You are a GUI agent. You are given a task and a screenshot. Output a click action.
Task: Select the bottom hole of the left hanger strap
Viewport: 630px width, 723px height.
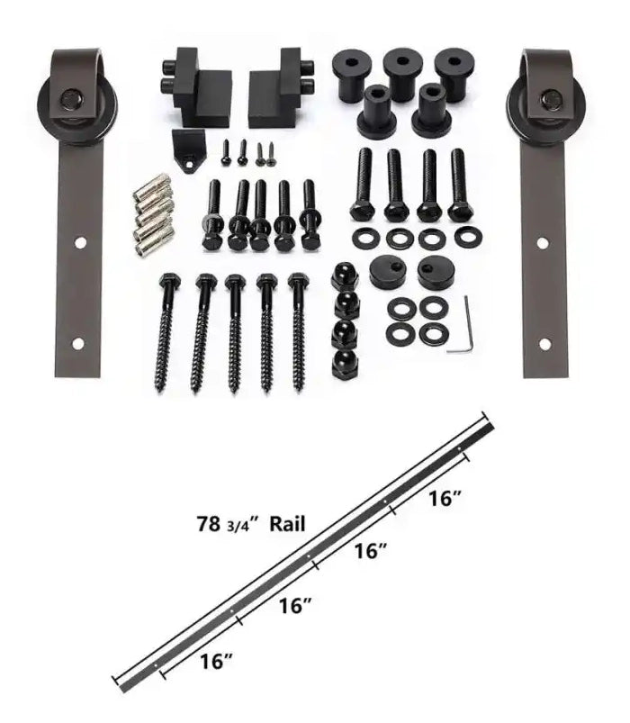pos(78,343)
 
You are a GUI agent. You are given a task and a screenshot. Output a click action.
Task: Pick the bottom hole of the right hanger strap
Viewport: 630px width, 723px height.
pos(544,344)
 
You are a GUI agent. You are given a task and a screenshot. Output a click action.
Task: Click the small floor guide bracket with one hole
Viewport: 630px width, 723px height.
pos(188,150)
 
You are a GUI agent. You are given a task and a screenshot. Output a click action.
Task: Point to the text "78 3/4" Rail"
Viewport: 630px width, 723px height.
pos(251,524)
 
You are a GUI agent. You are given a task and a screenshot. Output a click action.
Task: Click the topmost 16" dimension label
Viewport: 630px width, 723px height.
pos(445,498)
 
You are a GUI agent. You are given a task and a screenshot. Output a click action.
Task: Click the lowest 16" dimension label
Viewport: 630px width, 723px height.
pos(216,662)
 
